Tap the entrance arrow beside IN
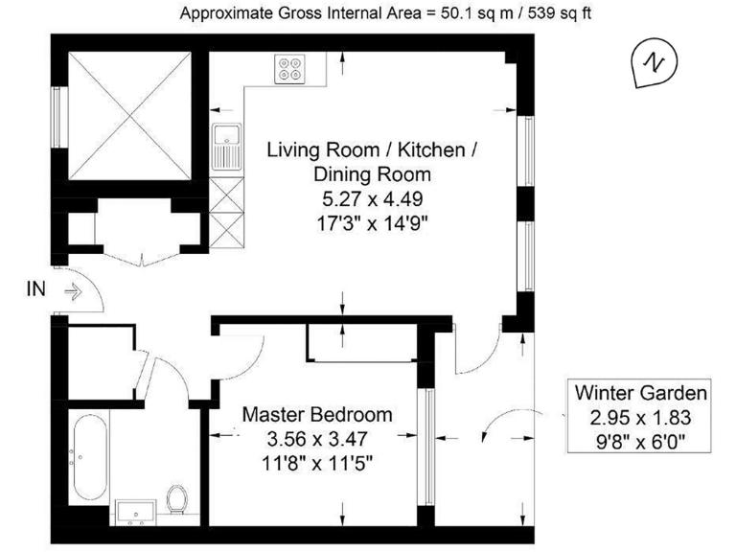coord(71,288)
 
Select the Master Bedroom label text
coord(317,415)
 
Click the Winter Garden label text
coord(641,393)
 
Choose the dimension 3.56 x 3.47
coord(317,439)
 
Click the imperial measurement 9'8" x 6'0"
coord(641,442)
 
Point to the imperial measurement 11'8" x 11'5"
coord(317,463)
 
